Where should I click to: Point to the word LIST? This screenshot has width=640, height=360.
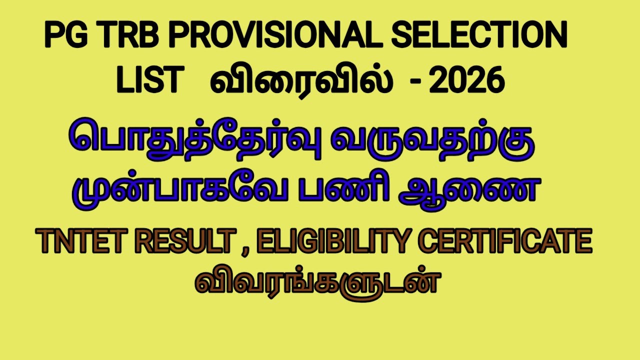(148, 80)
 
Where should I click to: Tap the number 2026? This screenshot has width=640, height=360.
(466, 80)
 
